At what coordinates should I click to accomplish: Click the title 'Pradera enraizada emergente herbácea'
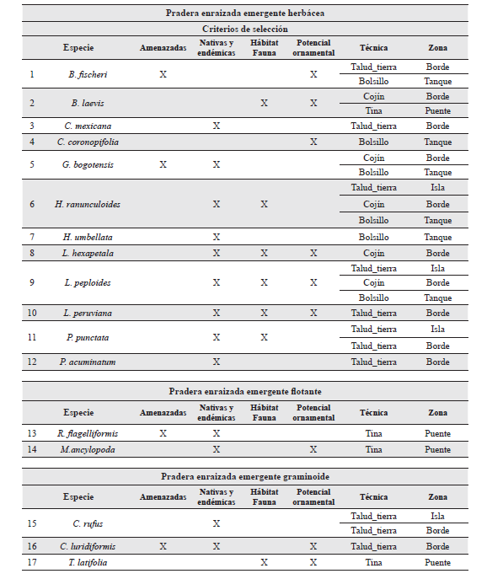243,13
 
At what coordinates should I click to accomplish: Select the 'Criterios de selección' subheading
243,29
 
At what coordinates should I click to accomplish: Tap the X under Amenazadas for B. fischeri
163,74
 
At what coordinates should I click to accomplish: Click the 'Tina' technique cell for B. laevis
373,111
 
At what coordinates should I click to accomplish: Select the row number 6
32,204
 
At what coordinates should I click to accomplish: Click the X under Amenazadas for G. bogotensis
163,164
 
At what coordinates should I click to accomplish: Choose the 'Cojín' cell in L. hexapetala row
373,253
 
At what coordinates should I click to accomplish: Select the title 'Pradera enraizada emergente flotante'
243,391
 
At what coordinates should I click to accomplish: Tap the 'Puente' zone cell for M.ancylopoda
437,449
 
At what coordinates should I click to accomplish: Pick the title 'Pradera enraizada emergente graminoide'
243,476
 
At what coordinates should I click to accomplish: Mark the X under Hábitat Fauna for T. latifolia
264,562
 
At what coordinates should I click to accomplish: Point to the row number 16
32,546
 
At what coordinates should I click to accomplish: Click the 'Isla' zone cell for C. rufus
437,516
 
